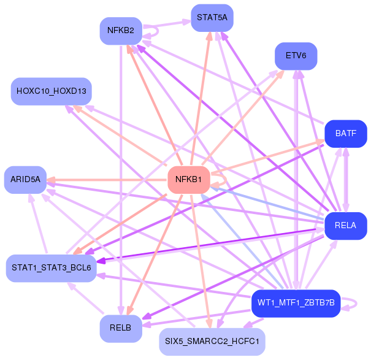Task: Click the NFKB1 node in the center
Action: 189,180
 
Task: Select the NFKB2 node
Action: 121,31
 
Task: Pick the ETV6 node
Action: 296,56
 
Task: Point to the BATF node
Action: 346,133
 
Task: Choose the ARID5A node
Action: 25,179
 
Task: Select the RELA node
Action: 345,226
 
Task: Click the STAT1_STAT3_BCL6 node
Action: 51,269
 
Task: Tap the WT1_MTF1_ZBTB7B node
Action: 296,303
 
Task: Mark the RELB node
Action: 121,328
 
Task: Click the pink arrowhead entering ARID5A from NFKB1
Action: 52,180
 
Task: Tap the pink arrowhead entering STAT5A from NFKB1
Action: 209,37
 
